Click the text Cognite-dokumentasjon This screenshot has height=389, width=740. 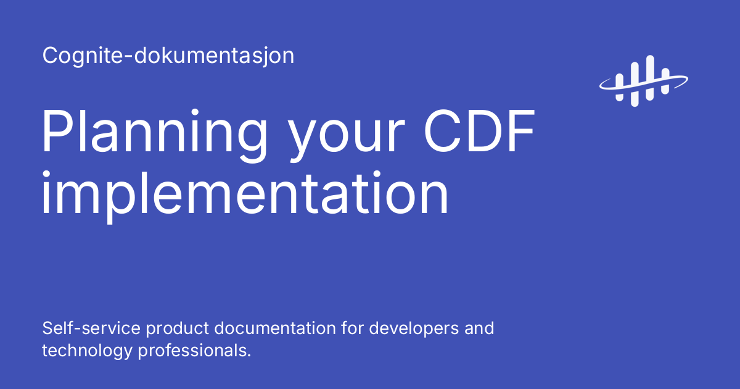pyautogui.click(x=168, y=56)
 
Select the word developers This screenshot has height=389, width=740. pyautogui.click(x=413, y=329)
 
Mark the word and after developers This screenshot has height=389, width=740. pyautogui.click(x=480, y=328)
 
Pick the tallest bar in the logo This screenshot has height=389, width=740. pyautogui.click(x=649, y=77)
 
